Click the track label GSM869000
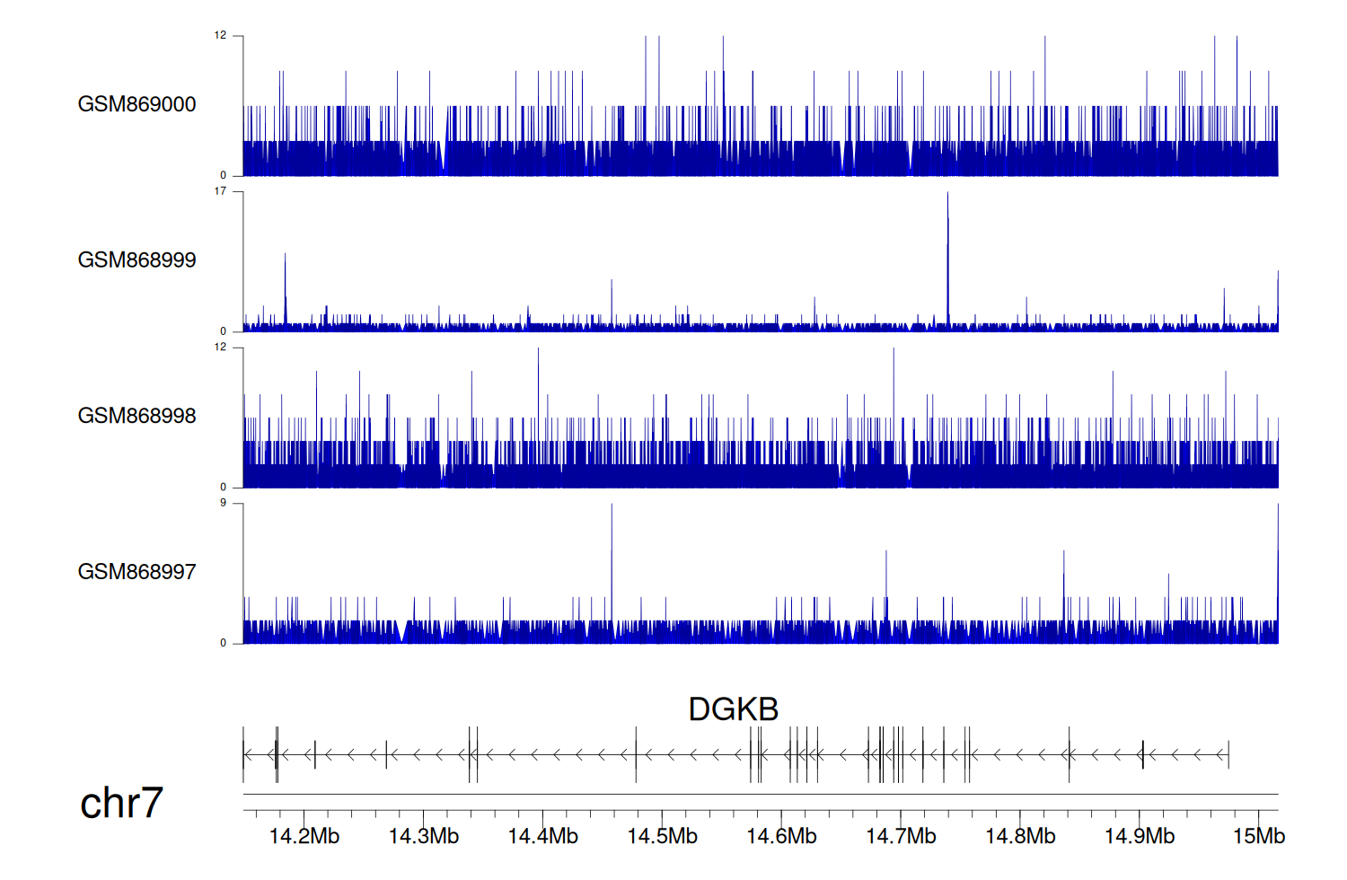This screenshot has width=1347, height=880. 136,104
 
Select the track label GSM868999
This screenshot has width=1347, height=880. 136,260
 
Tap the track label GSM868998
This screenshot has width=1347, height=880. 136,416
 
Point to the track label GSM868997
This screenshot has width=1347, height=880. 136,572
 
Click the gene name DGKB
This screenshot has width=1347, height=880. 733,709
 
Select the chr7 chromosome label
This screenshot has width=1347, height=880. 121,803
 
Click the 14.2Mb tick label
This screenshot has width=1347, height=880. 304,837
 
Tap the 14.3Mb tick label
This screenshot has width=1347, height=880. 424,837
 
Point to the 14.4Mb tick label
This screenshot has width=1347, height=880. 543,837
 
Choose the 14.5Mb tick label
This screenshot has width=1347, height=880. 663,837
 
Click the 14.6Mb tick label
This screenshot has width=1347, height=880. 781,837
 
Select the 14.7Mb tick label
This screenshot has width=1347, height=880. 901,837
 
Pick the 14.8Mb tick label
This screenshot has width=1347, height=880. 1020,837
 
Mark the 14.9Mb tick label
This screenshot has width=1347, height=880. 1140,837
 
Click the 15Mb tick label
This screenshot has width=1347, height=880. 1259,837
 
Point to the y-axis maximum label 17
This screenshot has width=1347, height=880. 220,191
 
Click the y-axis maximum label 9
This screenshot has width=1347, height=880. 224,503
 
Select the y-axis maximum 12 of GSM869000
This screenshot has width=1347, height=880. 220,36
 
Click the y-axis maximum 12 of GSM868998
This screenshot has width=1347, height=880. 220,348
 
